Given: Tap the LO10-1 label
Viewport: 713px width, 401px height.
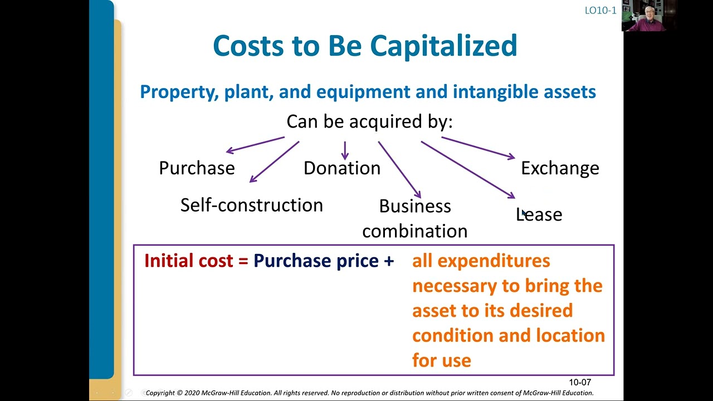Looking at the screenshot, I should click(600, 10).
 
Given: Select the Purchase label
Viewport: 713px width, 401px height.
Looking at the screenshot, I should click(197, 168).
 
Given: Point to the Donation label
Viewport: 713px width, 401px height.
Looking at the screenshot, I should click(341, 168).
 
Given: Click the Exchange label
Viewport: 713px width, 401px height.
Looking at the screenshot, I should click(560, 168).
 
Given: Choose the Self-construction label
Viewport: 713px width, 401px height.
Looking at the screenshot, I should click(251, 205).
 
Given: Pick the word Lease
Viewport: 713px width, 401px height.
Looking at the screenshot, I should click(539, 214).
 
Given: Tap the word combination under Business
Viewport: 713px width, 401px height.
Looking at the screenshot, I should click(414, 231).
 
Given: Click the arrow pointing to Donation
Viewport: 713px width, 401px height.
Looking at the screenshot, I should click(345, 150).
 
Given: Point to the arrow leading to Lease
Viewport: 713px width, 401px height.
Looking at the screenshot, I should click(468, 169).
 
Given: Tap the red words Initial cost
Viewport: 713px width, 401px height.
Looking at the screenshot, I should click(188, 261).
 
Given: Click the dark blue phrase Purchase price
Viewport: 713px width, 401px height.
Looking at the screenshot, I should click(316, 261).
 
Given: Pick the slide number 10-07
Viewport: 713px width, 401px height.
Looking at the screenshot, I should click(579, 383).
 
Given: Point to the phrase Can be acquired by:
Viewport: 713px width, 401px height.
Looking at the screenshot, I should click(369, 121).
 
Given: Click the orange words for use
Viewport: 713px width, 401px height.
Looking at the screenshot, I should click(441, 360).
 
